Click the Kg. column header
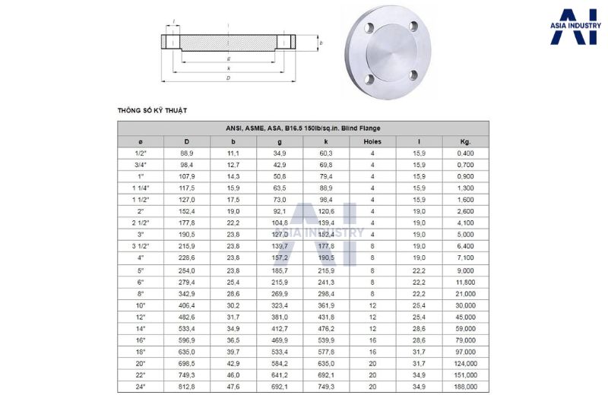466,141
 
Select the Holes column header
372,141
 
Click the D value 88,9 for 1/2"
187,153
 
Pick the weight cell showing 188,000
466,387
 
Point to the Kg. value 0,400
466,153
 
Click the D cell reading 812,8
187,387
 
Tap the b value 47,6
234,387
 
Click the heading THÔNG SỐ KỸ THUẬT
153,111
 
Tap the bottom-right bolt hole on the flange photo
413,74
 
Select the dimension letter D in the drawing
229,79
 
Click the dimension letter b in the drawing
321,43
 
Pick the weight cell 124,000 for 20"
466,364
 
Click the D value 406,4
187,305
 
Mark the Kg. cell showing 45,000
466,317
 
